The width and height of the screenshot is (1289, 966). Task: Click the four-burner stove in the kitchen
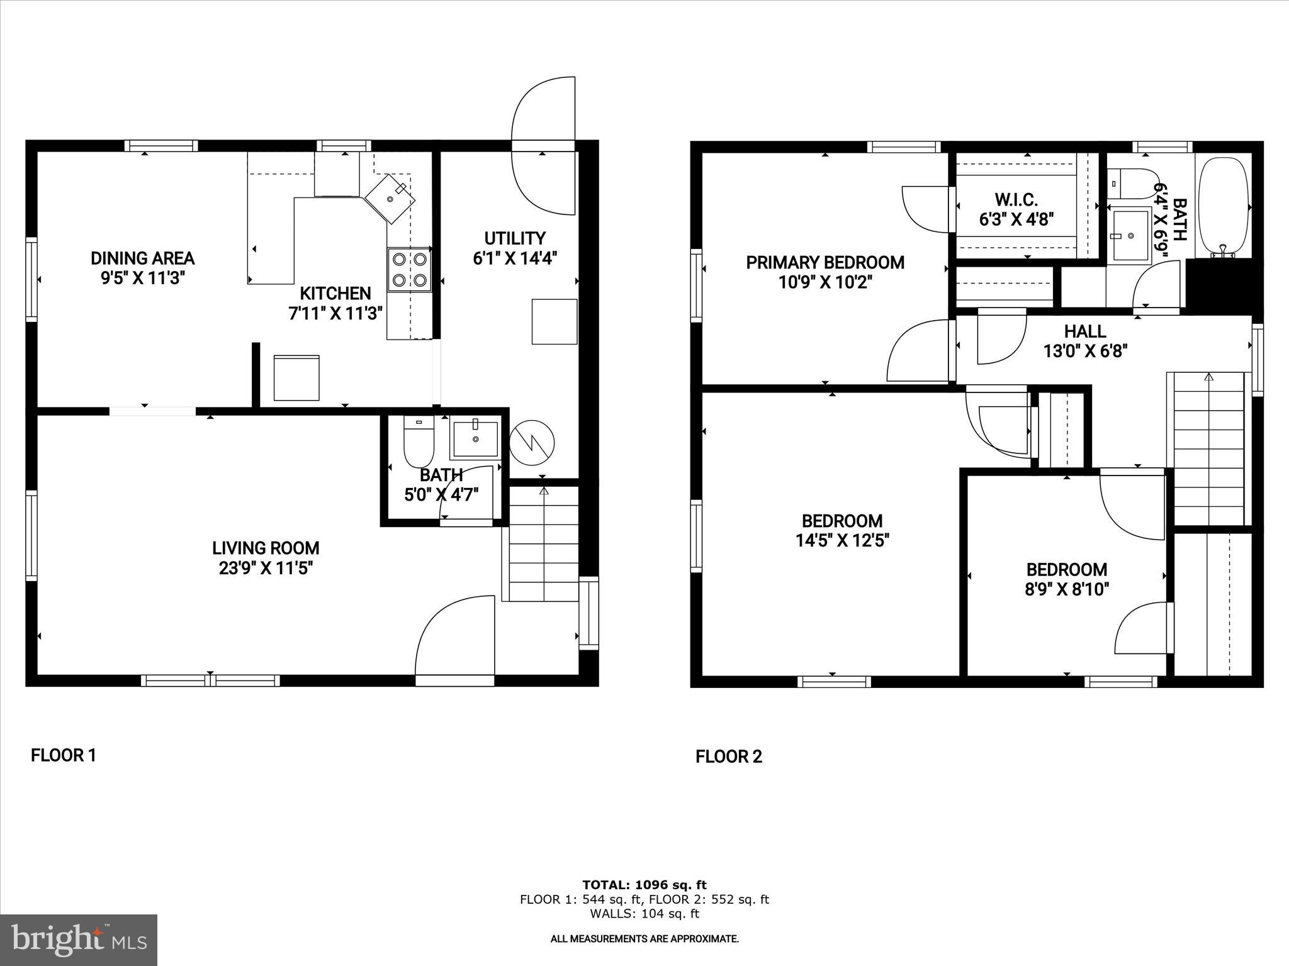point(410,269)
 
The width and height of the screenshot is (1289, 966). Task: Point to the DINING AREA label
point(143,258)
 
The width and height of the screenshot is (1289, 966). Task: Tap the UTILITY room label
point(515,239)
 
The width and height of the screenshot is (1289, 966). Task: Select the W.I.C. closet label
point(1016,200)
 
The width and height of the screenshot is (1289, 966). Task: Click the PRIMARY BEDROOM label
point(825,263)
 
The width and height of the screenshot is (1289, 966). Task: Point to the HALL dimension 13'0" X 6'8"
point(1085,351)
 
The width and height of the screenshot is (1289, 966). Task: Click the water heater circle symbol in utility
point(532,443)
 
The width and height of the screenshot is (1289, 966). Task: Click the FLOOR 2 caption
point(729,757)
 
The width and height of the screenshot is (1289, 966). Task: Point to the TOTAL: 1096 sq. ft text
point(644,885)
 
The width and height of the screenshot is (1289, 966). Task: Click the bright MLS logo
point(79,940)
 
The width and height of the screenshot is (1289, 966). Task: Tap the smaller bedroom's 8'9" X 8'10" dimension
point(1066,589)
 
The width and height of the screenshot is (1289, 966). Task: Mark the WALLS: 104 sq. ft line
point(644,914)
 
